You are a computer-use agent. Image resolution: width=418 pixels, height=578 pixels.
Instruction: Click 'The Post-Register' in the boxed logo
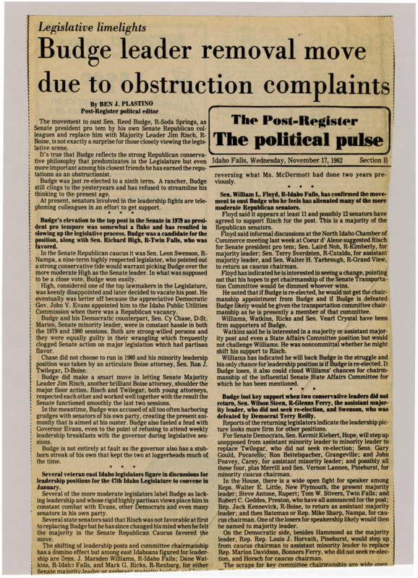point(302,120)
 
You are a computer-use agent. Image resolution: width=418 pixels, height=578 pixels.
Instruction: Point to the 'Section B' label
point(375,160)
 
